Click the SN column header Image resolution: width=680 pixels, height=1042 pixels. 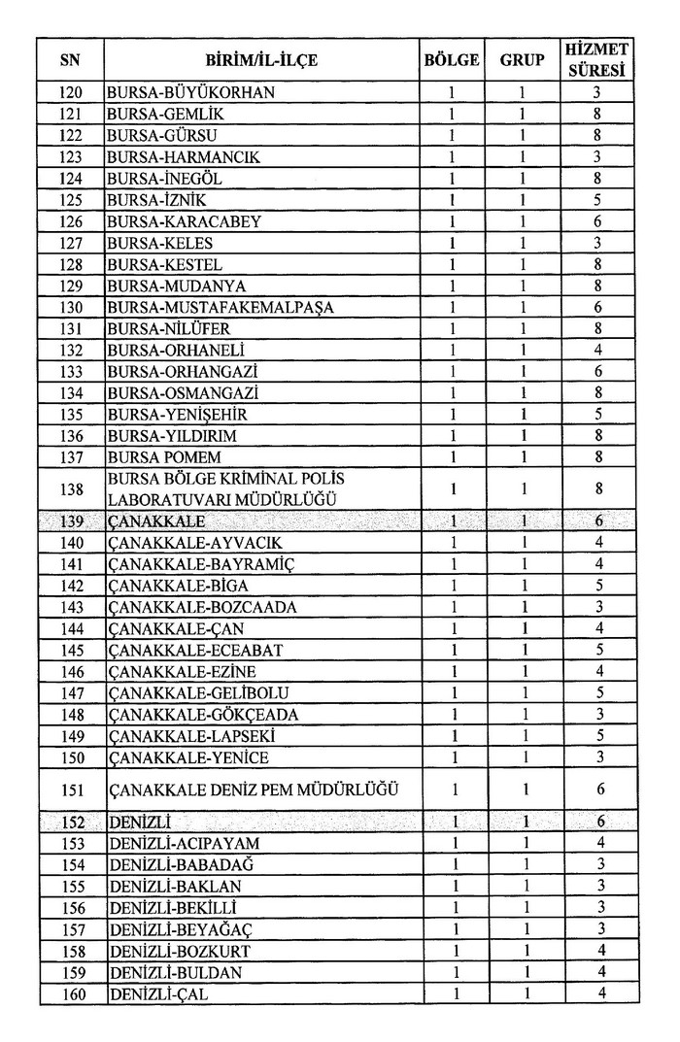(70, 60)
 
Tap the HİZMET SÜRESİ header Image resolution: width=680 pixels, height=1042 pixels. (598, 60)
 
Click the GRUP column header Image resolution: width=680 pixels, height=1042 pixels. (522, 60)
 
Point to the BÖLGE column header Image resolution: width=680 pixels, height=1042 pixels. (452, 60)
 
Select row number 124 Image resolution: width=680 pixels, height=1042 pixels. (70, 179)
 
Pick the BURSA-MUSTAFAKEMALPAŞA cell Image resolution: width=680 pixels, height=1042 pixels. (221, 308)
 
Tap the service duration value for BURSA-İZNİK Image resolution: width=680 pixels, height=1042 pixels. (598, 200)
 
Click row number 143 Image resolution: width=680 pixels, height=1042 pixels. (70, 608)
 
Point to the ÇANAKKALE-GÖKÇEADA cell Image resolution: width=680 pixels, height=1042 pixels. (203, 715)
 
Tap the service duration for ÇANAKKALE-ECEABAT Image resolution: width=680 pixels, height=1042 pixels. (598, 650)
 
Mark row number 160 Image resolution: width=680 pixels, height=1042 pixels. (70, 993)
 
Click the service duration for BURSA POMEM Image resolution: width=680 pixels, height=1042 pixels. (598, 457)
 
